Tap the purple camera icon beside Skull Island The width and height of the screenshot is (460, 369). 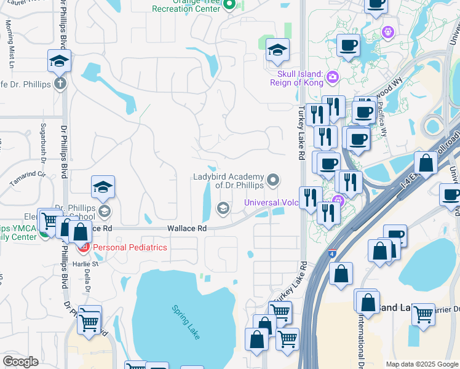(x=332, y=77)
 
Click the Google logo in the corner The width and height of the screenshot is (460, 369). (x=20, y=362)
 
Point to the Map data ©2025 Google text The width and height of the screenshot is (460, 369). (x=421, y=364)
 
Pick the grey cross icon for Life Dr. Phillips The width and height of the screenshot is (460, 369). (x=60, y=83)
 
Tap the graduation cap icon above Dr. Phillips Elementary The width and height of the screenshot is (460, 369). (x=103, y=188)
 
